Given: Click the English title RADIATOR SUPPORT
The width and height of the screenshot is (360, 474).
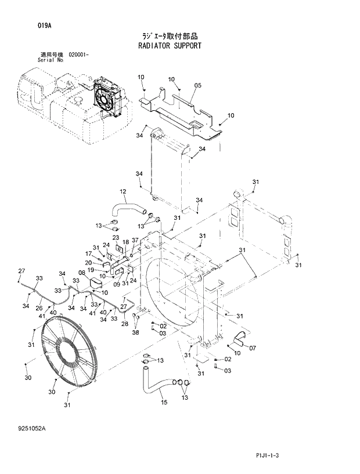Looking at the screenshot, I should coord(170,45).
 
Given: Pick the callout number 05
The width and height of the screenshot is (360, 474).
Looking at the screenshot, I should coord(197,86).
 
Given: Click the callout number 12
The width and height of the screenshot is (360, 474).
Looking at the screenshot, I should coord(123,191).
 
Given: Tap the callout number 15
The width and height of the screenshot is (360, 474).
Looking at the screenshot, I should coord(164,402).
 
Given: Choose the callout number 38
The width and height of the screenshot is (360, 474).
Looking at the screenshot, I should coord(135,333).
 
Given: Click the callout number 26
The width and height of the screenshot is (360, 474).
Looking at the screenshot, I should coord(39,308).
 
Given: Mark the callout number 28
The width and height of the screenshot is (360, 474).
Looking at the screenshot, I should coord(124,324).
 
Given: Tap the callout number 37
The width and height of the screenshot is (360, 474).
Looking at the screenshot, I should coord(135,240).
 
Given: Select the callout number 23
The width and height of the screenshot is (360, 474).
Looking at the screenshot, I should coord(116,238).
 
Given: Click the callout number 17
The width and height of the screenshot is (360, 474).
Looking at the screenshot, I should coord(89,254).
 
